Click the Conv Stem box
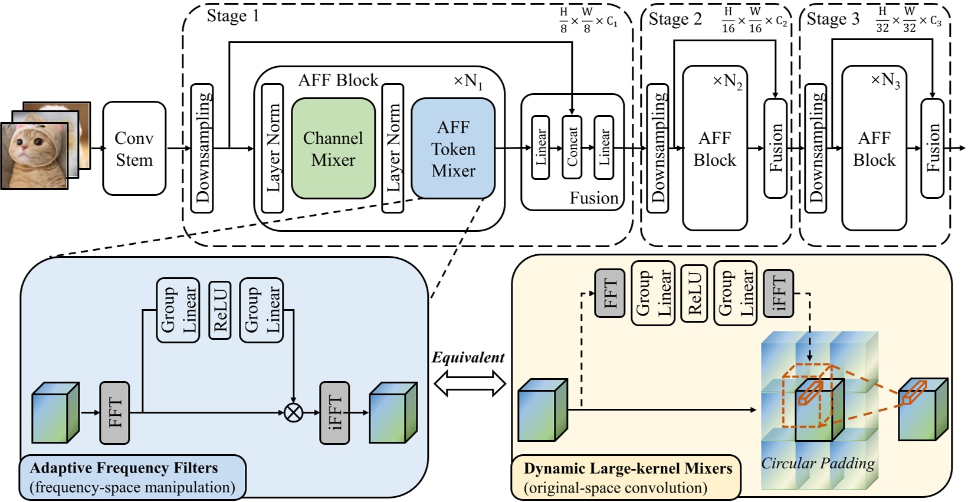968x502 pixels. [134, 149]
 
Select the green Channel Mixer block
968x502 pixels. [333, 149]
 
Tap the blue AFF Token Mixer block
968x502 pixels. [453, 149]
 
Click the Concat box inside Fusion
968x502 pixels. [572, 147]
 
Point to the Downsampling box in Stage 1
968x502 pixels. [202, 148]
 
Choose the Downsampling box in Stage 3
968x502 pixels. [816, 148]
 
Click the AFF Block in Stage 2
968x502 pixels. [714, 149]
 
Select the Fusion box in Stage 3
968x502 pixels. [932, 148]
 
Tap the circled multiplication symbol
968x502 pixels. [293, 412]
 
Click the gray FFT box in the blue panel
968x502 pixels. [114, 412]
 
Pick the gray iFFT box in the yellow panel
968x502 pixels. [778, 293]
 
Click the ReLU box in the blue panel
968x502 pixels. [220, 310]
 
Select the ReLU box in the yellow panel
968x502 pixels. [694, 293]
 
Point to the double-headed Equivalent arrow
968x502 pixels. [470, 384]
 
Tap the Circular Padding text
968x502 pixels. [818, 463]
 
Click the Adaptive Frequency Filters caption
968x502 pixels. [124, 468]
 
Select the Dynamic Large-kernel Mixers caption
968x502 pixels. [628, 469]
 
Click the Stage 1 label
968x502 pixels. [232, 16]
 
